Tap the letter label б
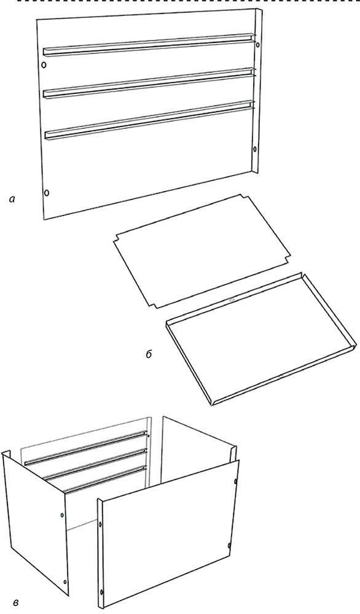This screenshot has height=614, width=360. [x=149, y=354]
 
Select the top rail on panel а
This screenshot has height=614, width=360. [x=149, y=44]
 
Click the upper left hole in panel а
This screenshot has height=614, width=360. [x=44, y=64]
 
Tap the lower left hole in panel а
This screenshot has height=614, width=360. [x=47, y=192]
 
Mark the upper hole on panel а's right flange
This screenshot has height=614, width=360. [x=257, y=45]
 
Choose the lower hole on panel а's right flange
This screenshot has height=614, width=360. [x=255, y=149]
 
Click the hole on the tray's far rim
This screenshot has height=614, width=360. [x=232, y=300]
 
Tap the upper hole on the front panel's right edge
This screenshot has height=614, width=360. [x=235, y=481]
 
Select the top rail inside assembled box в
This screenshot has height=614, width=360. [x=86, y=448]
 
